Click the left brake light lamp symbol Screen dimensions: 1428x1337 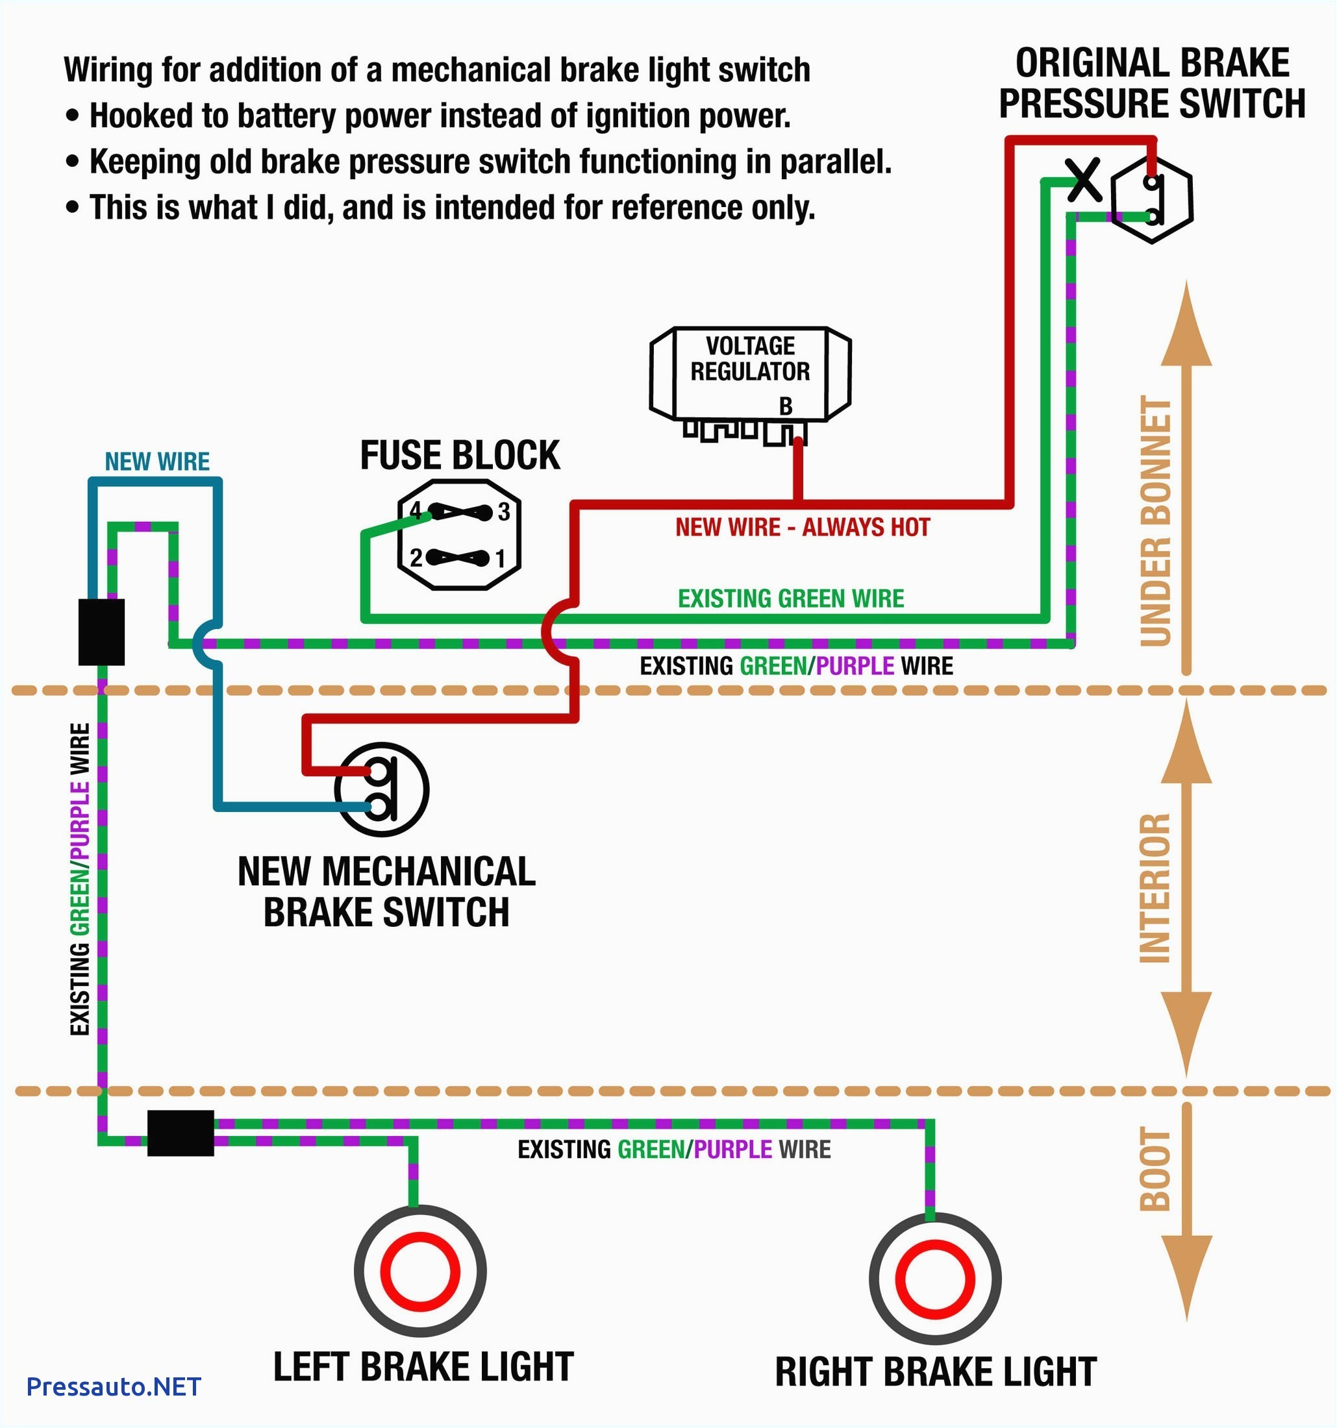pos(419,1271)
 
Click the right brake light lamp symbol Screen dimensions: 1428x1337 pos(934,1279)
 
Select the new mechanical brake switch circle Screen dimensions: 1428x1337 pos(381,789)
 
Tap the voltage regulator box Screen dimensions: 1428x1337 pos(750,373)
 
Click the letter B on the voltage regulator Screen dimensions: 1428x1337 pos(785,406)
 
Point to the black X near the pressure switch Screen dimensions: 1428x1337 pos(1083,180)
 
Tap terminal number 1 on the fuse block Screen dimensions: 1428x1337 pos(500,558)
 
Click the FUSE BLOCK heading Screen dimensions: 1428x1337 pos(460,456)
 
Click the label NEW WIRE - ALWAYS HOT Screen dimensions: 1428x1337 pos(802,527)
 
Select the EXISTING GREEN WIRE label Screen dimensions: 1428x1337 pos(790,598)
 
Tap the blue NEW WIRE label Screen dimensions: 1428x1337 pos(157,461)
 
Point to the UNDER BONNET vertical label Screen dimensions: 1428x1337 pos(1155,521)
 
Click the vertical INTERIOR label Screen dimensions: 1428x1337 pos(1155,888)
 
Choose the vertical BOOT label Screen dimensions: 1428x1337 pos(1155,1169)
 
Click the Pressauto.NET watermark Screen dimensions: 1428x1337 pos(114,1386)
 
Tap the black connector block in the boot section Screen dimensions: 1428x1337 pos(181,1133)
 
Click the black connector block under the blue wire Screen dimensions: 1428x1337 pos(101,632)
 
